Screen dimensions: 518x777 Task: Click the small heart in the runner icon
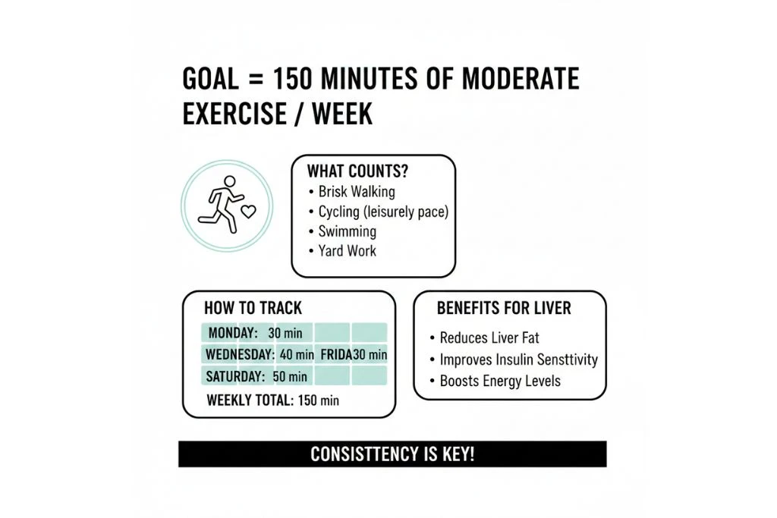click(249, 209)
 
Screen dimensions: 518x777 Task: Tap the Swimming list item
click(347, 231)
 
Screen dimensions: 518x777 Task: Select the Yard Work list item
click(347, 250)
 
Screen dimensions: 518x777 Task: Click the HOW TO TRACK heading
click(253, 308)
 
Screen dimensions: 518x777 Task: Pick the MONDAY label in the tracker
click(233, 333)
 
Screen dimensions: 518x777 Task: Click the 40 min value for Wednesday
click(296, 354)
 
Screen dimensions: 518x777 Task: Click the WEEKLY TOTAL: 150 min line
click(273, 400)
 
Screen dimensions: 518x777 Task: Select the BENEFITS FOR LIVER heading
click(504, 308)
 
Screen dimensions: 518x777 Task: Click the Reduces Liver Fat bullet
click(489, 337)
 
